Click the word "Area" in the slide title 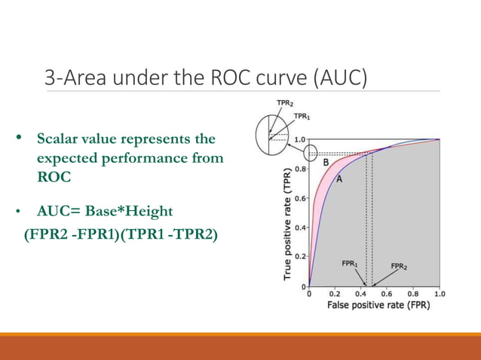(82, 78)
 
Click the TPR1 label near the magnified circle (303, 116)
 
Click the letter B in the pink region (326, 162)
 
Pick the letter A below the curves (340, 178)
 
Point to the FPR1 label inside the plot (350, 264)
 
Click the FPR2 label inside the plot (400, 266)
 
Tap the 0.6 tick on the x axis (387, 294)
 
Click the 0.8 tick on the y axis (299, 169)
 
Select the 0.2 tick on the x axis (334, 294)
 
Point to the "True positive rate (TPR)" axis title (287, 224)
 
